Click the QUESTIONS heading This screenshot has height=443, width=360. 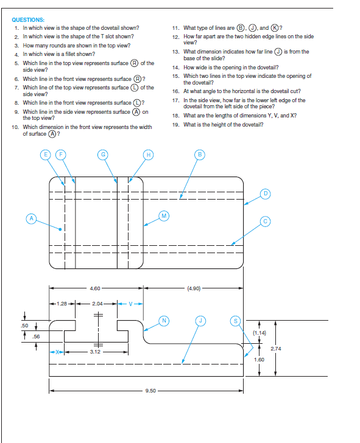pos(28,20)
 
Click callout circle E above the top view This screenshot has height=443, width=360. pos(46,155)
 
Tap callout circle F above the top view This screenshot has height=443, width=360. pos(60,155)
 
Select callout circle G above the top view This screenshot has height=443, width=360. pos(103,155)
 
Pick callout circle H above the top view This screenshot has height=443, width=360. pos(149,155)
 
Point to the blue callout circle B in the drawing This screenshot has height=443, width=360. pos(200,155)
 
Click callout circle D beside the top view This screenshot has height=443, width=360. pos(265,194)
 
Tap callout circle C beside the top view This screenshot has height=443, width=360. pos(265,221)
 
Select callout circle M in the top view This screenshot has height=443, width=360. pos(164,216)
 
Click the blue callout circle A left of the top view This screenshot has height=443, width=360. pos(32,218)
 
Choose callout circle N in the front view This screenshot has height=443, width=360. pos(164,321)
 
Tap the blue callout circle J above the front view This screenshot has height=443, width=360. pos(200,321)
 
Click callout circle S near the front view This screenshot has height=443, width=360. pos(236,321)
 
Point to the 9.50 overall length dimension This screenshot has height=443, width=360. pos(150,391)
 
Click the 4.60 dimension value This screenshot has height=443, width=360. pos(95,288)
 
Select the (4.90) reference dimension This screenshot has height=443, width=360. pos(194,288)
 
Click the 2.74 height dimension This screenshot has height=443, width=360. pos(276,349)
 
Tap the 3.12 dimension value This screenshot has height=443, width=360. pos(95,352)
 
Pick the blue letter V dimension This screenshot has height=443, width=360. pos(130,304)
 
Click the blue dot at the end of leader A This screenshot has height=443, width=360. pos(60,229)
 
